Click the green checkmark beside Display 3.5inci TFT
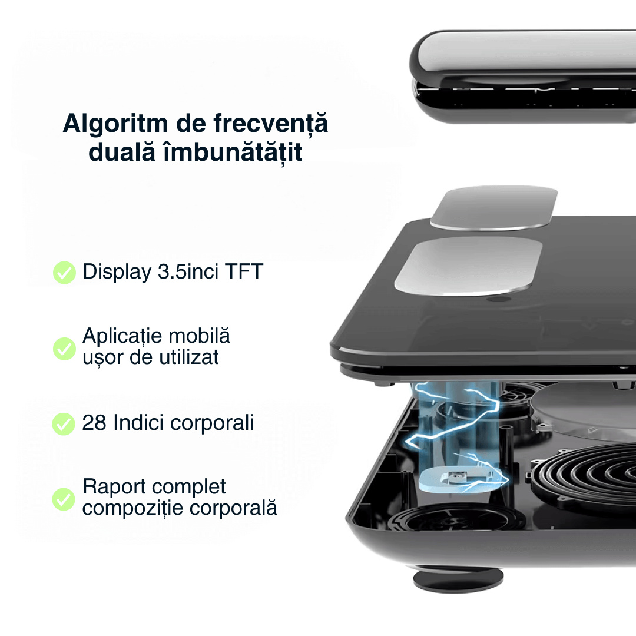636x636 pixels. [x=64, y=273]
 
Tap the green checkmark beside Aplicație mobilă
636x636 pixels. [x=64, y=348]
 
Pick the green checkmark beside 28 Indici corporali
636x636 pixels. [x=64, y=423]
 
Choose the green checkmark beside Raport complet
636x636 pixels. [x=64, y=499]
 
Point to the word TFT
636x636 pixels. [x=243, y=272]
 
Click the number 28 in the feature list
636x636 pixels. [x=94, y=423]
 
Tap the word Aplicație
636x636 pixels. [x=122, y=336]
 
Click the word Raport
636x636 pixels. [x=114, y=487]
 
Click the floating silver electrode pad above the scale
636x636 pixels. [x=494, y=208]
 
